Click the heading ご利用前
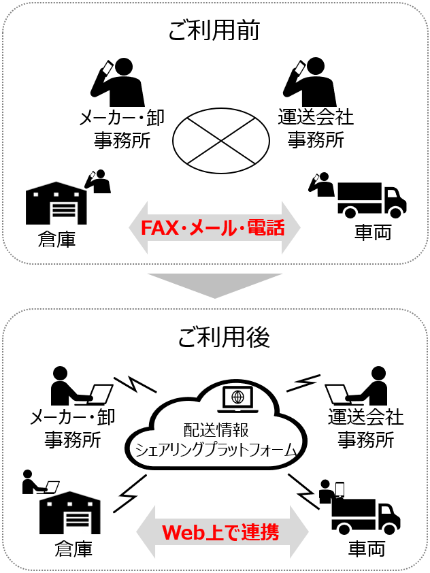pyautogui.click(x=214, y=31)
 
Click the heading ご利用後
pyautogui.click(x=214, y=336)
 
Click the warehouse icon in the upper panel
pyautogui.click(x=56, y=203)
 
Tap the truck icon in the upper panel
pyautogui.click(x=371, y=199)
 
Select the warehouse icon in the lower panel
pyautogui.click(x=69, y=512)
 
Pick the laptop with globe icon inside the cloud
pyautogui.click(x=237, y=399)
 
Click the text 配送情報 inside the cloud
pyautogui.click(x=215, y=430)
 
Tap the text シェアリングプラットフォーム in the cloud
pyautogui.click(x=215, y=449)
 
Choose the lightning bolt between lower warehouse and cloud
pyautogui.click(x=130, y=493)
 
